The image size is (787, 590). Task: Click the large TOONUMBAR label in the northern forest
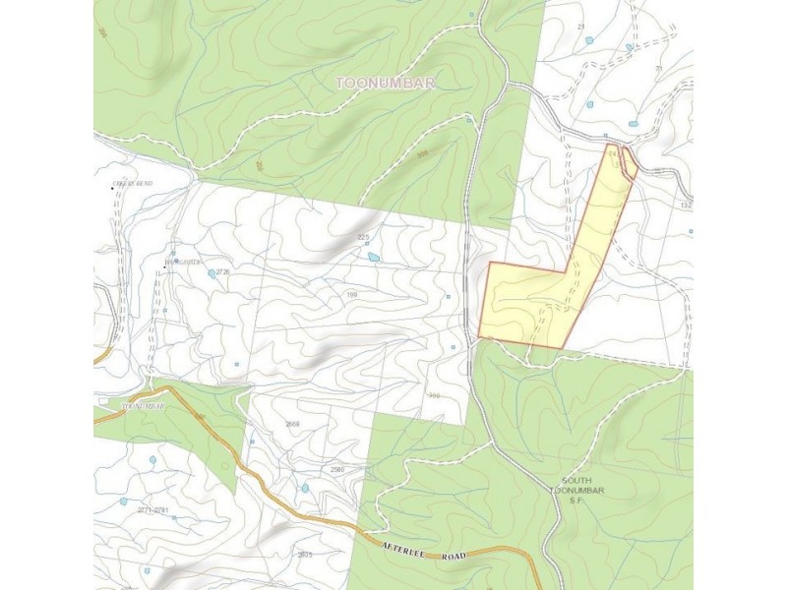pos(386,84)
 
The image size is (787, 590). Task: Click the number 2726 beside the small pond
pos(222,272)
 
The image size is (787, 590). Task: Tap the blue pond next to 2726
pos(212,274)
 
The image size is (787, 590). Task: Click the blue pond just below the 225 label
pos(374,258)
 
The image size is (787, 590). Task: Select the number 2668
pos(292,424)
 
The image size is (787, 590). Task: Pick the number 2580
pos(337,470)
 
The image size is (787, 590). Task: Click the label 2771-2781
pos(152,509)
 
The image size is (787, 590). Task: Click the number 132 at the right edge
pos(686,206)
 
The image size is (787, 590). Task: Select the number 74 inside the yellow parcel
pos(613,153)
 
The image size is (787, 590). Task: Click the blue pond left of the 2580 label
pos(305,488)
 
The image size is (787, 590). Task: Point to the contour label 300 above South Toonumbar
pos(434,395)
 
